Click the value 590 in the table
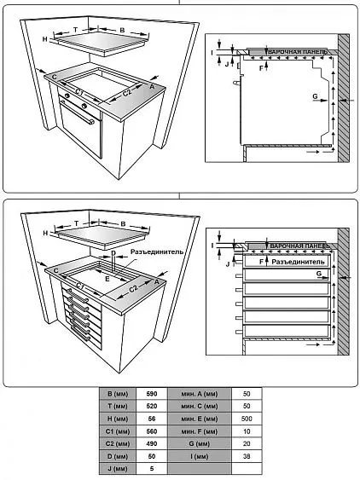[152, 394]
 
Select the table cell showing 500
[247, 419]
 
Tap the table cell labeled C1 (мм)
[118, 431]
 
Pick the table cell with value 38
[247, 456]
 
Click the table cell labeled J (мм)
[118, 469]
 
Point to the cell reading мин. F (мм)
[199, 431]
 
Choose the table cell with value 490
[152, 443]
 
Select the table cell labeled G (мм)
[199, 443]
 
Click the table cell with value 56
[152, 419]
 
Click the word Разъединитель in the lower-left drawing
[157, 252]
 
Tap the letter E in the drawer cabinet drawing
[107, 279]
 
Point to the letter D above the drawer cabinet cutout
[113, 253]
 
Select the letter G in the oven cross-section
[315, 96]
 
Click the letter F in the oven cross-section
[261, 68]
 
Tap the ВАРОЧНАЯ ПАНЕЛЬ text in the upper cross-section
[298, 52]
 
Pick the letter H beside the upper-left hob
[45, 39]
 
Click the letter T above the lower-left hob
[76, 223]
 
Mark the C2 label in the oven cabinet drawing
[127, 92]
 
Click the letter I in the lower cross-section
[212, 246]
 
